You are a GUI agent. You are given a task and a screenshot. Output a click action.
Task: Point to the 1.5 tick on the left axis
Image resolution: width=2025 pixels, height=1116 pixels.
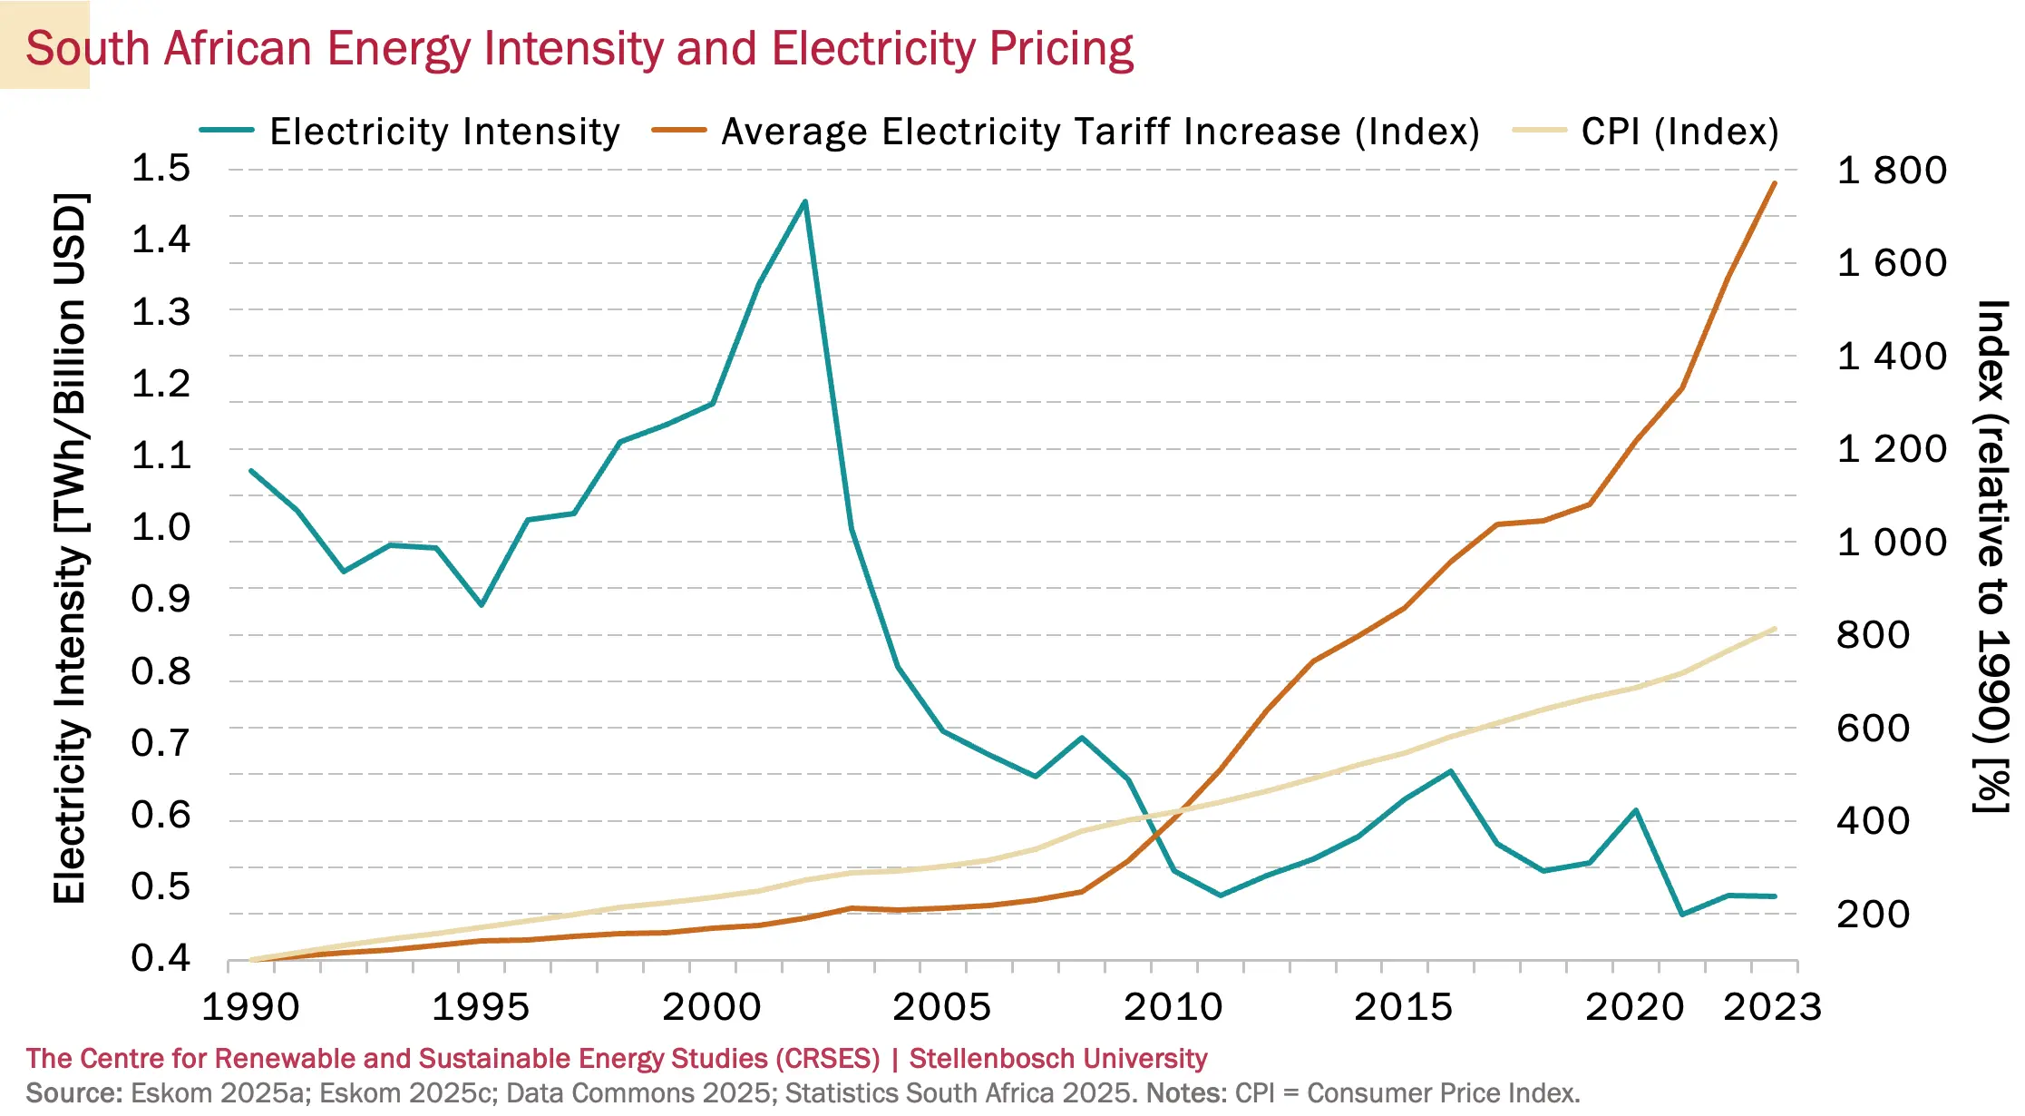pyautogui.click(x=161, y=169)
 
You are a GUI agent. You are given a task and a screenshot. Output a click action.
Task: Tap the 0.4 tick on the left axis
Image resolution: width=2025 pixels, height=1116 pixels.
pyautogui.click(x=161, y=958)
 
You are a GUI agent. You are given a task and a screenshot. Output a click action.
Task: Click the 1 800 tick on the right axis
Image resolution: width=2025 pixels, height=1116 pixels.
pyautogui.click(x=1892, y=171)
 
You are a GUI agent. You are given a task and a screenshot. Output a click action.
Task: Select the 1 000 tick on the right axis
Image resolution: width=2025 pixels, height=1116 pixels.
pyautogui.click(x=1892, y=543)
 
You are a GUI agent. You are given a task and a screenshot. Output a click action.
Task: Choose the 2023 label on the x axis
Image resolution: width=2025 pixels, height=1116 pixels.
pyautogui.click(x=1772, y=1008)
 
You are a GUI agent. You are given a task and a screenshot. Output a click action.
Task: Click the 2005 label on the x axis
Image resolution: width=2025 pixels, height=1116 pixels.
pyautogui.click(x=942, y=1008)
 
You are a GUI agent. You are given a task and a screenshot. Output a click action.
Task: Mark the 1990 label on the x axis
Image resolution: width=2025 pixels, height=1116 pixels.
pyautogui.click(x=250, y=1008)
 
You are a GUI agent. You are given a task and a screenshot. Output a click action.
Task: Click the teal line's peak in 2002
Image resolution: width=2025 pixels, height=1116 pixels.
pyautogui.click(x=804, y=201)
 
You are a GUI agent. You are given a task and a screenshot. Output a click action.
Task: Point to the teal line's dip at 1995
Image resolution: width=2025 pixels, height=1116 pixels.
pyautogui.click(x=482, y=604)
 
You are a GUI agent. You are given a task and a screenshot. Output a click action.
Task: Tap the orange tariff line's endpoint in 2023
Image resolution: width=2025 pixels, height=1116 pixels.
pyautogui.click(x=1774, y=183)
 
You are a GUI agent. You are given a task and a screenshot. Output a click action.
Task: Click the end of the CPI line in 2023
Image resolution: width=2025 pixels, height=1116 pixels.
pyautogui.click(x=1774, y=629)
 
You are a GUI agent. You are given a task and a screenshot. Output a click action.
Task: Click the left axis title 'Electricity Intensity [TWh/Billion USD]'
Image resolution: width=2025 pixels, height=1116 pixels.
pyautogui.click(x=70, y=549)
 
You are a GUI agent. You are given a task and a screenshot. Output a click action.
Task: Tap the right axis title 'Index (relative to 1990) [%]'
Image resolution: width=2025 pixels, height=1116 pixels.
pyautogui.click(x=1991, y=555)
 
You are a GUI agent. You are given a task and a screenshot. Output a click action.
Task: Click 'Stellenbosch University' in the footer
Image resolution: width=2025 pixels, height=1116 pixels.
pyautogui.click(x=1057, y=1059)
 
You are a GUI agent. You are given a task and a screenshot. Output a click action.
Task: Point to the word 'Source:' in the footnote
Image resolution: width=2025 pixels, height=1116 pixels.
pyautogui.click(x=73, y=1093)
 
